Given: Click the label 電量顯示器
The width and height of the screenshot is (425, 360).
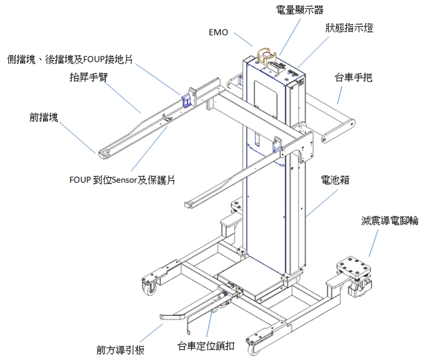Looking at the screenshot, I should click(300, 9).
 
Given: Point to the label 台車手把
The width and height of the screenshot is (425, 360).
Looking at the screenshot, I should click(353, 78).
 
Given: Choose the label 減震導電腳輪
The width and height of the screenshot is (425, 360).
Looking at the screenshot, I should click(389, 221).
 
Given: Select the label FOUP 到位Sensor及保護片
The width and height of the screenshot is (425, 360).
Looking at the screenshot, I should click(122, 180).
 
